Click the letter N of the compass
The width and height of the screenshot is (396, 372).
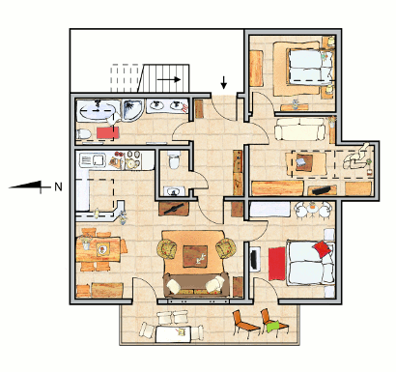click(x=58, y=187)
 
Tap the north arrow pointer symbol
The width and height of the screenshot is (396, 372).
click(x=30, y=186)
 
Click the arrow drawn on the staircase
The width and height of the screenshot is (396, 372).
click(x=169, y=79)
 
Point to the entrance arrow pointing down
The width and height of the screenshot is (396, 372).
click(x=223, y=82)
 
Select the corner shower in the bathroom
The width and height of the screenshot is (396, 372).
click(x=132, y=109)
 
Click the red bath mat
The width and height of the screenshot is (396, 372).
click(x=108, y=132)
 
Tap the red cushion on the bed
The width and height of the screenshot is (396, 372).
click(x=323, y=249)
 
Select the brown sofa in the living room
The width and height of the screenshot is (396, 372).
click(x=196, y=285)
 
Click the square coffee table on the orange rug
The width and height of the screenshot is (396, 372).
click(x=195, y=256)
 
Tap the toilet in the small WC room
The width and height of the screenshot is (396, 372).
click(x=175, y=160)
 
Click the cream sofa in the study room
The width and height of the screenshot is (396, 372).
click(x=299, y=129)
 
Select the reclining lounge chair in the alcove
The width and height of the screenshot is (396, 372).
click(x=355, y=157)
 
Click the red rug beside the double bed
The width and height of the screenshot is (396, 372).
click(x=277, y=264)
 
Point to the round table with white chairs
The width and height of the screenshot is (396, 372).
click(x=312, y=209)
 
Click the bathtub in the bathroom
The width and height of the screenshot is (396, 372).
click(x=97, y=110)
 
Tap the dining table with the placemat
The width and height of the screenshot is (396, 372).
click(x=99, y=249)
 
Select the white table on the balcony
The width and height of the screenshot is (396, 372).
click(x=174, y=333)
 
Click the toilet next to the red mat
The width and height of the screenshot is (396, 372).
click(x=83, y=133)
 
